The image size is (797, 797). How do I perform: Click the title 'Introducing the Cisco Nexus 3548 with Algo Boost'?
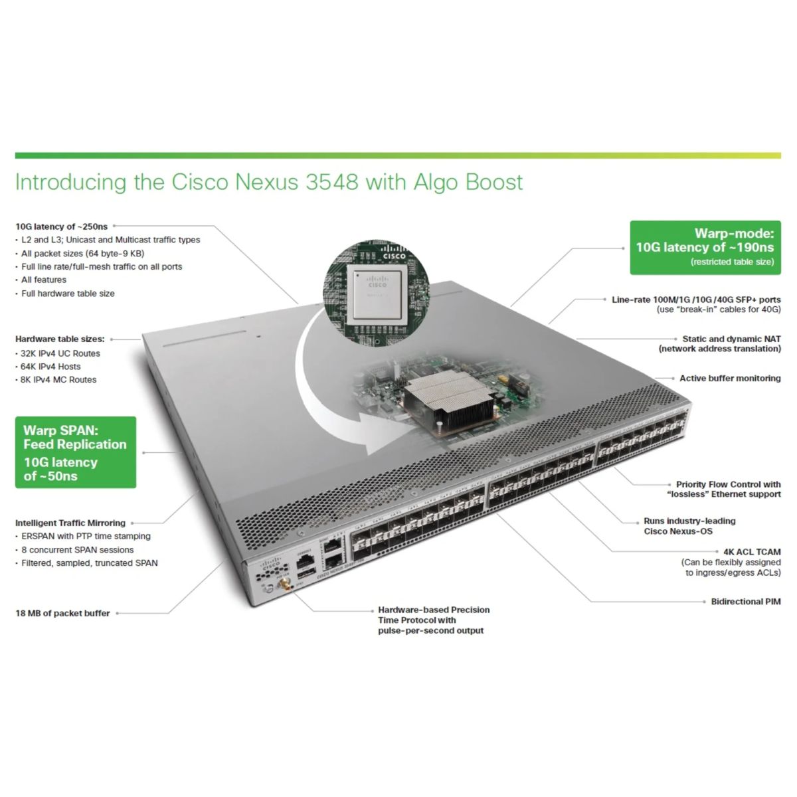tap(269, 183)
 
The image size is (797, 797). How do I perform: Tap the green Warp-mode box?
tap(705, 247)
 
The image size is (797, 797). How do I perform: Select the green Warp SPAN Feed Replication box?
tap(76, 452)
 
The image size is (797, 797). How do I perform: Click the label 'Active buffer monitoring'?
tap(729, 379)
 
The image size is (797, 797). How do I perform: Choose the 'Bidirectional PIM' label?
tap(745, 602)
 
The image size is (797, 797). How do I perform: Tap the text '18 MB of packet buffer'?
tap(62, 614)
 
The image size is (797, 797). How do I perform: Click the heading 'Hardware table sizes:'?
tap(60, 339)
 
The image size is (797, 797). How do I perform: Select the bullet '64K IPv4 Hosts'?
tap(50, 367)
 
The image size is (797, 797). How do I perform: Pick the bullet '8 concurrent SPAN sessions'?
tap(77, 550)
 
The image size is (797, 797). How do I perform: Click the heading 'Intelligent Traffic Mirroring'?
tap(70, 523)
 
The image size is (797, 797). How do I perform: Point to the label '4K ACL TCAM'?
tap(752, 552)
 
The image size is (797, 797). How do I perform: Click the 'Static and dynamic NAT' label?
tap(731, 339)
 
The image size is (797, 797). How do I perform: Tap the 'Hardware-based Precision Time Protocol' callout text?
tap(433, 620)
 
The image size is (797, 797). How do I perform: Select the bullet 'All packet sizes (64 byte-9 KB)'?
tap(82, 254)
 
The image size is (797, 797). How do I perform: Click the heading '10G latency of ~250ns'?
tap(61, 227)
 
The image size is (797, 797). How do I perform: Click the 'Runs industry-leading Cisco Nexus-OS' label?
tap(689, 526)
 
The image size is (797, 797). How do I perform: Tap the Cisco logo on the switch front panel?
tap(272, 566)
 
